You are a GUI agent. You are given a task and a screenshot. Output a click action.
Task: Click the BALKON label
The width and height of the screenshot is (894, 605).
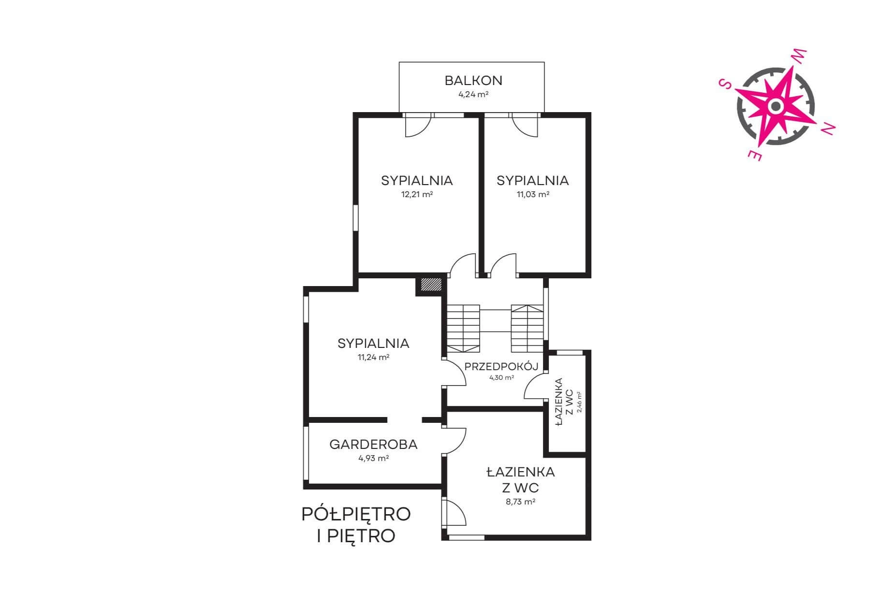pyautogui.click(x=473, y=80)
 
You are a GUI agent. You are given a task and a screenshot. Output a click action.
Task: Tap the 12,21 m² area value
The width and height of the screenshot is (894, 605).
pyautogui.click(x=417, y=195)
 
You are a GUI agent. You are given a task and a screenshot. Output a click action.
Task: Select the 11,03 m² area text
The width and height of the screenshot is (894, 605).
pyautogui.click(x=533, y=195)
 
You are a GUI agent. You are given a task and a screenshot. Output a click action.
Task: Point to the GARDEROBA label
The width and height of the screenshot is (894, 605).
pyautogui.click(x=373, y=444)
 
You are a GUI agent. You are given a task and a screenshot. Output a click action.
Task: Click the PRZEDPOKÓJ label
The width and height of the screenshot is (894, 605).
pyautogui.click(x=501, y=366)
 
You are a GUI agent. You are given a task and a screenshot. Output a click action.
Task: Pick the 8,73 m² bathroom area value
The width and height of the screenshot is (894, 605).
pyautogui.click(x=520, y=502)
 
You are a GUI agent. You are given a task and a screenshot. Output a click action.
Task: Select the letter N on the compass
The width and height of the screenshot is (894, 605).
pyautogui.click(x=828, y=128)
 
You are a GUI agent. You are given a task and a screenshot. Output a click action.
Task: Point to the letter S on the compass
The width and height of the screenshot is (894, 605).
pyautogui.click(x=725, y=84)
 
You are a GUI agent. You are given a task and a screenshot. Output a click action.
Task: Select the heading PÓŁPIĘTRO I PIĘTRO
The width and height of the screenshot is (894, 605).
pyautogui.click(x=356, y=525)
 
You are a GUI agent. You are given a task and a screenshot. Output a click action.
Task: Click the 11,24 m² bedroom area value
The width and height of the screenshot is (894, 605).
pyautogui.click(x=373, y=358)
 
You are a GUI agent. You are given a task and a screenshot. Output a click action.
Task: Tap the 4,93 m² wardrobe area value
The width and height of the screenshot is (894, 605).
pyautogui.click(x=373, y=458)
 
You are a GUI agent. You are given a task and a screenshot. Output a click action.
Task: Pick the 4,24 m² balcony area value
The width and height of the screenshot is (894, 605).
pyautogui.click(x=473, y=95)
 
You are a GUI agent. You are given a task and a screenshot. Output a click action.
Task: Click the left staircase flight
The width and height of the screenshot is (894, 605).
pyautogui.click(x=463, y=329)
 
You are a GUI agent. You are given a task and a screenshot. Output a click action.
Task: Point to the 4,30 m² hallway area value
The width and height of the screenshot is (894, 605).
pyautogui.click(x=501, y=378)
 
